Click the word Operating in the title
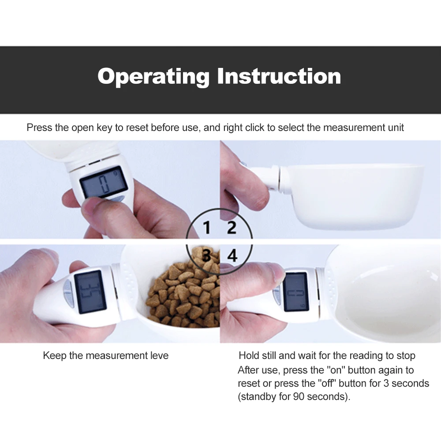(153, 76)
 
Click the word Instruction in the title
(279, 76)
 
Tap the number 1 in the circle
(207, 228)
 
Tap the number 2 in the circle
(232, 228)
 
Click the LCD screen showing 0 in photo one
(104, 182)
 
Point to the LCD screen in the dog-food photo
(90, 292)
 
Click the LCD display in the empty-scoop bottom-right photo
(295, 292)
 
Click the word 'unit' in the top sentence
(396, 128)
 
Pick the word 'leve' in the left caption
(159, 355)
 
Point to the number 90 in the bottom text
(299, 396)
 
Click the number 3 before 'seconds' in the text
(386, 383)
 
